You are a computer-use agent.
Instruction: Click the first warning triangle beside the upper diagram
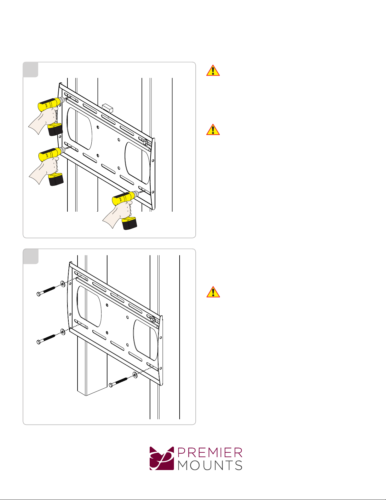tap(213, 70)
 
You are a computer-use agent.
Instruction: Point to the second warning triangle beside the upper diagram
tap(213, 130)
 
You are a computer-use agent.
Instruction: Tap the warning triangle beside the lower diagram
tap(213, 292)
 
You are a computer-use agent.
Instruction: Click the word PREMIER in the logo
tap(210, 453)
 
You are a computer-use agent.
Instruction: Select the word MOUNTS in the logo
tap(210, 465)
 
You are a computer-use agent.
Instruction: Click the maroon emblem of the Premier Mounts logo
tap(162, 458)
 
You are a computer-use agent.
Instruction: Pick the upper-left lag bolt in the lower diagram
tap(46, 291)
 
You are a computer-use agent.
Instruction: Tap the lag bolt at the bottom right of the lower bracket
tap(118, 383)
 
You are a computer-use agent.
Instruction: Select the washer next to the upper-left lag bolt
tap(62, 284)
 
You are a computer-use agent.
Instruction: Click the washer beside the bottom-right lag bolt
tap(135, 375)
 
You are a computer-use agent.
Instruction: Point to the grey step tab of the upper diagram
tap(31, 70)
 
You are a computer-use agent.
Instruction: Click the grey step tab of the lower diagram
tap(31, 256)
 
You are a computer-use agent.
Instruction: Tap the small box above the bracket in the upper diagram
tap(107, 108)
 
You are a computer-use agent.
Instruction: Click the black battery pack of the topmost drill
tap(55, 130)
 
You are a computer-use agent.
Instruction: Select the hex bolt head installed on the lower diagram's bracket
tap(153, 320)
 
